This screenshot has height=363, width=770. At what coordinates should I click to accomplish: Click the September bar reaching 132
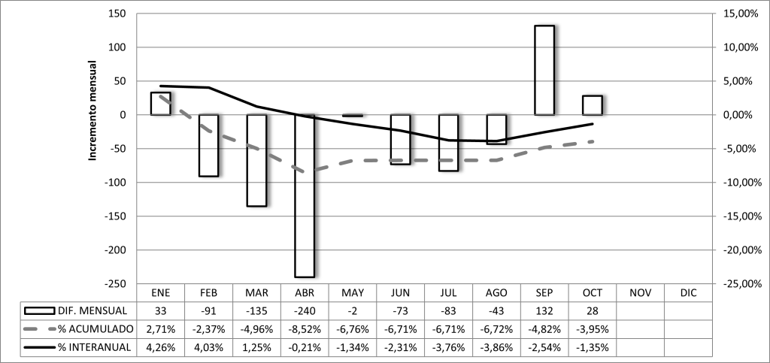click(544, 70)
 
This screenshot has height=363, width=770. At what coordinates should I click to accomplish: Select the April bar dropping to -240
click(305, 195)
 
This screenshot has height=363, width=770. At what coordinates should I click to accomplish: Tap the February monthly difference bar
click(208, 145)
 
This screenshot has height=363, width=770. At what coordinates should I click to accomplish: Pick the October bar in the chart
click(593, 105)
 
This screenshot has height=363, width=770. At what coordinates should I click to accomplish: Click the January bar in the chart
click(160, 104)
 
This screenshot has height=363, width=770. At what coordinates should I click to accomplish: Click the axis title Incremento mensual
click(94, 110)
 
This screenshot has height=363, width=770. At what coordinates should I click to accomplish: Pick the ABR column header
click(305, 292)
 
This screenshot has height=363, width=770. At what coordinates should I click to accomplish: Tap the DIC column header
click(689, 292)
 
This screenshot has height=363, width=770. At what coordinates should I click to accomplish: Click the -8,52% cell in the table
click(305, 328)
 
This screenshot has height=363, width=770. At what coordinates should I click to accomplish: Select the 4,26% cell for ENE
click(160, 346)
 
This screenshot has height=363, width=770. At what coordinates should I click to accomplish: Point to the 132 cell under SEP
click(544, 310)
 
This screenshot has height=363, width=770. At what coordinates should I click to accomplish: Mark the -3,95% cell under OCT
click(593, 328)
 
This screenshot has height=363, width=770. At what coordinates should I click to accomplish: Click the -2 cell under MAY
click(353, 310)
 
